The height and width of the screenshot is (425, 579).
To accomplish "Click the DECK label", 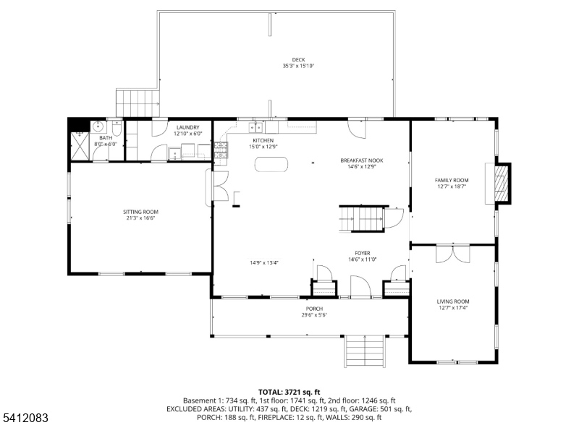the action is pos(298,60).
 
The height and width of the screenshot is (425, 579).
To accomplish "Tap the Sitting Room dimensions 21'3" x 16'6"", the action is pos(140,218).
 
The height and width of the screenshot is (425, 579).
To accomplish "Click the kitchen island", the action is pos(271,165).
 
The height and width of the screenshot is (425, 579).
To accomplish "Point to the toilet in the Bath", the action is pos(117,127).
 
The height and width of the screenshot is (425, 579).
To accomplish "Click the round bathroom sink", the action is pos(98,126).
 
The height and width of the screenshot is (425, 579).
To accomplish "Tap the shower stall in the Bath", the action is pos(80,146).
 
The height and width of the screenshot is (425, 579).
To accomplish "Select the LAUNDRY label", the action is pos(188,127).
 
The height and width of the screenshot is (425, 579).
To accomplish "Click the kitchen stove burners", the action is pos(221,150).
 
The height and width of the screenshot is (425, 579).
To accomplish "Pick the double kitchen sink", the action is pos(256,128).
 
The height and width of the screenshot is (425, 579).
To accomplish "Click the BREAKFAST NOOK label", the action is pos(362,160).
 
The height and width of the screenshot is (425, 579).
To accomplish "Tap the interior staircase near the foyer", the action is pos(362,219).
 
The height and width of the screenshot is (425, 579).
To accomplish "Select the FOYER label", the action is pos(363,253).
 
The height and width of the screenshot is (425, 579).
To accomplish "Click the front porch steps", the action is pos(365,351).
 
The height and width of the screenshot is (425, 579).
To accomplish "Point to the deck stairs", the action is pos(138,103).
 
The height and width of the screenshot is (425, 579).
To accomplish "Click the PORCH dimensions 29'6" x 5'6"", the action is pos(314,315).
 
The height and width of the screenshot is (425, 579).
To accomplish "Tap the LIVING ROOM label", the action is pos(453,301).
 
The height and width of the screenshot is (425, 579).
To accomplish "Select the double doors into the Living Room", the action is pos(453,254).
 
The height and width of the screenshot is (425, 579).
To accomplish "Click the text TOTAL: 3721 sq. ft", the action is pos(289,392).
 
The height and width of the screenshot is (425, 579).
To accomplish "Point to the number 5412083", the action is pos(25,418).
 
